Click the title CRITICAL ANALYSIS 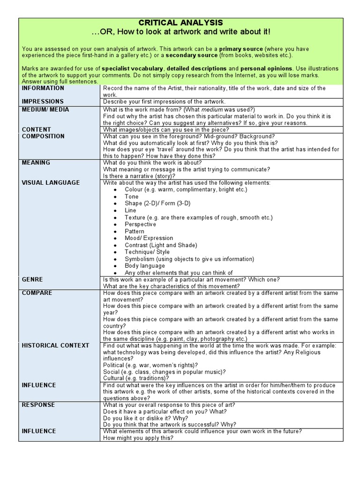pyautogui.click(x=180, y=22)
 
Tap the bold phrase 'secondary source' pyautogui.click(x=192, y=55)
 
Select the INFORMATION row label pyautogui.click(x=43, y=88)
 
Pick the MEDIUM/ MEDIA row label pyautogui.click(x=45, y=110)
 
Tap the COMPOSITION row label pyautogui.click(x=43, y=136)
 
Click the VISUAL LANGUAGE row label pyautogui.click(x=51, y=183)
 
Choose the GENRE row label pyautogui.click(x=32, y=279)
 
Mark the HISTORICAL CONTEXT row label pyautogui.click(x=55, y=345)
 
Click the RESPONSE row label pyautogui.click(x=38, y=405)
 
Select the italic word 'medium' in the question pyautogui.click(x=211, y=110)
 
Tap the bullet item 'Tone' pyautogui.click(x=132, y=196)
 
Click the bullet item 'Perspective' pyautogui.click(x=140, y=225)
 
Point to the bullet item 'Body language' pyautogui.click(x=145, y=266)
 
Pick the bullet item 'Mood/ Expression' pyautogui.click(x=149, y=238)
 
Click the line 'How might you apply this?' pyautogui.click(x=138, y=438)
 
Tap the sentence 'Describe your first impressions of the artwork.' pyautogui.click(x=164, y=102)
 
